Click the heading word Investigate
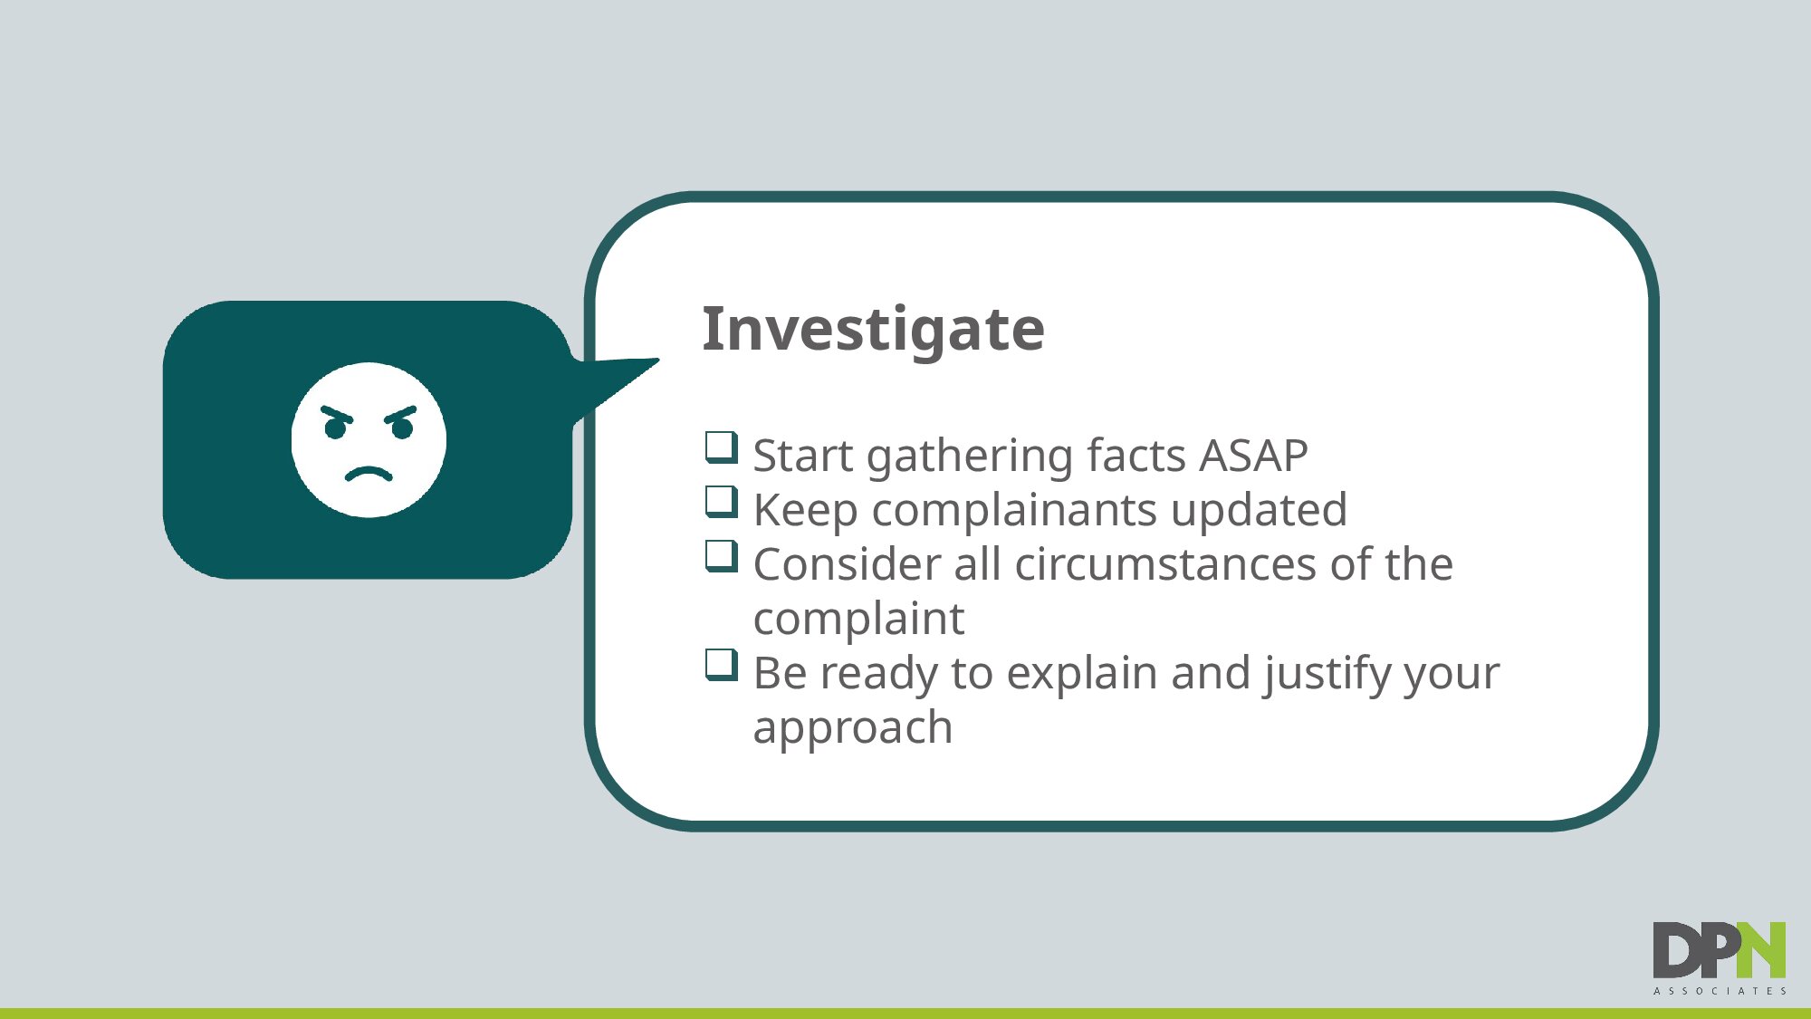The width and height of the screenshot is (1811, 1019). pos(873,330)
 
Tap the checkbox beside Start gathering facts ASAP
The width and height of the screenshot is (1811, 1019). pos(722,447)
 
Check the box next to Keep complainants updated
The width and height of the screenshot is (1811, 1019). pos(722,502)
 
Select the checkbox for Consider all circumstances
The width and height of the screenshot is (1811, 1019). pos(722,556)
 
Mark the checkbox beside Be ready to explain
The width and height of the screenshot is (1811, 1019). pos(722,665)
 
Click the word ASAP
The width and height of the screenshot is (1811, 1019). pos(1253,455)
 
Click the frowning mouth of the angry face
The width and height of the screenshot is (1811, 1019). pos(369,474)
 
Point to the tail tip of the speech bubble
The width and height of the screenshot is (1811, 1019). pos(658,360)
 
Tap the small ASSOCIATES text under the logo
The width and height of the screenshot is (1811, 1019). pos(1720,992)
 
